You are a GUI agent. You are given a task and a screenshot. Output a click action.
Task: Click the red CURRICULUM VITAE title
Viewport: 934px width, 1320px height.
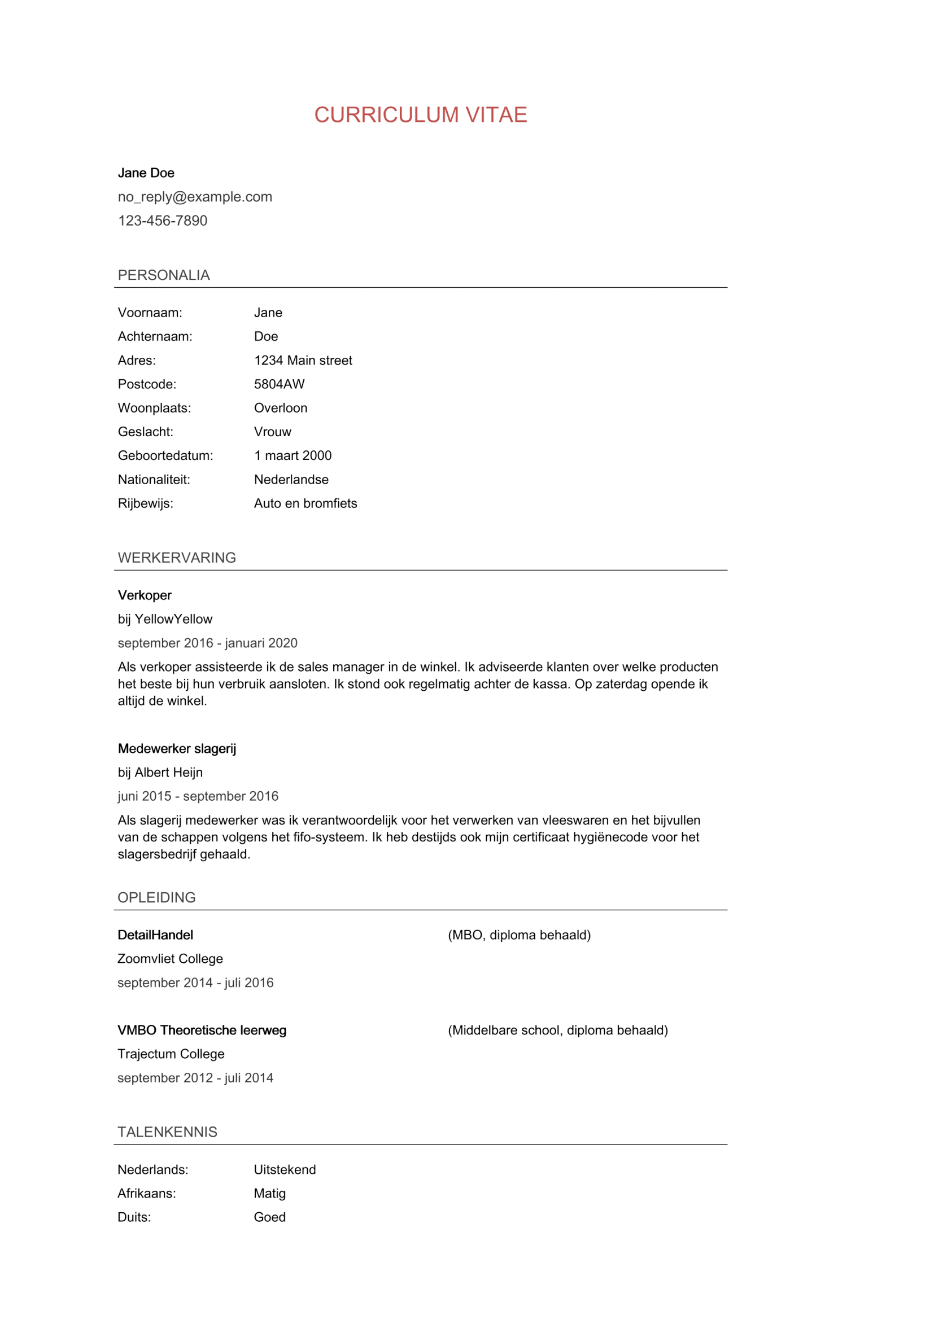point(421,115)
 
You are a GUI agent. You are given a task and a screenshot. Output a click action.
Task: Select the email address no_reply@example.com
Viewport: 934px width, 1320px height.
point(195,196)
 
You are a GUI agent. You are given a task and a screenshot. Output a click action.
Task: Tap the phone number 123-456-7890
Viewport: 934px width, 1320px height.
point(163,221)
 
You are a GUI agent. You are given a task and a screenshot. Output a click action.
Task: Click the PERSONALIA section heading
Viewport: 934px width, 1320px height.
point(164,275)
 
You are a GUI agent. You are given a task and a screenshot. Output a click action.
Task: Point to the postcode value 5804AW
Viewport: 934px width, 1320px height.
point(280,384)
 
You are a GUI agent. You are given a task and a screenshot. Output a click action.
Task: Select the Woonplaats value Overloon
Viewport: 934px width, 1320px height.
point(281,408)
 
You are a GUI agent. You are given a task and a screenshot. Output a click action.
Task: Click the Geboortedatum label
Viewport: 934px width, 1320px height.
point(165,455)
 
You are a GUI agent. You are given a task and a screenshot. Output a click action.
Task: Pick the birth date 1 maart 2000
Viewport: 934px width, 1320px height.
point(293,455)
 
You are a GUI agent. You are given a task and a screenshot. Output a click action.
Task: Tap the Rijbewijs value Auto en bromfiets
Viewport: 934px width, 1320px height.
point(305,503)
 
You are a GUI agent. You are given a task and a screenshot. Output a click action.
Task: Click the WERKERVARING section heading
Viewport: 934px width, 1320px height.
point(177,558)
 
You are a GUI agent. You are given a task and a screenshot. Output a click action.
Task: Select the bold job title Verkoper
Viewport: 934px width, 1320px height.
point(145,595)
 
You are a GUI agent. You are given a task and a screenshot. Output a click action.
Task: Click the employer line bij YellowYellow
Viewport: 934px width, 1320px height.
point(165,619)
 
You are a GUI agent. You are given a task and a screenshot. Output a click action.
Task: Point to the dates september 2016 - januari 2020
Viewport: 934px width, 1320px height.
point(208,643)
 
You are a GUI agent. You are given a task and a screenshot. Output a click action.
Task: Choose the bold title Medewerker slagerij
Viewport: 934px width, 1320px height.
point(177,748)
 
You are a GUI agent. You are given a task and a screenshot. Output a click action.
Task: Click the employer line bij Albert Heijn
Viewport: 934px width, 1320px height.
point(160,773)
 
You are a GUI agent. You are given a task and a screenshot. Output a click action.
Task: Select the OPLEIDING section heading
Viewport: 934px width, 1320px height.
point(156,897)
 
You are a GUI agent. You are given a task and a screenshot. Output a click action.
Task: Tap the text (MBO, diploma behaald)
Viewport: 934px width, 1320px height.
point(520,935)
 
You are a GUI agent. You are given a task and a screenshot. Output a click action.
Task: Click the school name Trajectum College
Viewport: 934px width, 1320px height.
point(171,1054)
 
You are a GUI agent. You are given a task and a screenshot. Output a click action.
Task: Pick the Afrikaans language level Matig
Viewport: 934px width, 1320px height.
point(270,1194)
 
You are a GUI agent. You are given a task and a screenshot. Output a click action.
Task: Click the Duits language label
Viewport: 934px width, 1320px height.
point(134,1217)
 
